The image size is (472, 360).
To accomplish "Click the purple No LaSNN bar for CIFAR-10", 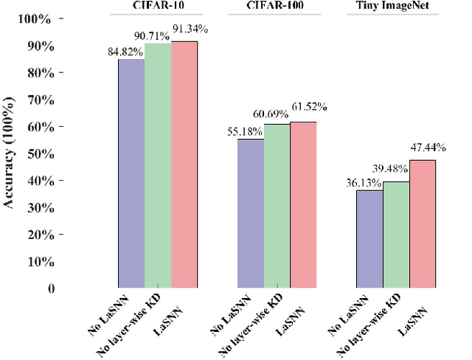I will coord(132,173).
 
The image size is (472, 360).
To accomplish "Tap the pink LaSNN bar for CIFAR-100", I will coord(303,204).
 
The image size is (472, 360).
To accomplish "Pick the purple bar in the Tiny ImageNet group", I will coord(369,238).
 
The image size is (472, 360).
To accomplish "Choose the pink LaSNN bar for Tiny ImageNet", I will coord(422,224).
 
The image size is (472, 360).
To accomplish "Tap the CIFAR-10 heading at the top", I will coord(156,8).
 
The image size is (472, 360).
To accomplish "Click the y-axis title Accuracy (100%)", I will coord(10,153).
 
